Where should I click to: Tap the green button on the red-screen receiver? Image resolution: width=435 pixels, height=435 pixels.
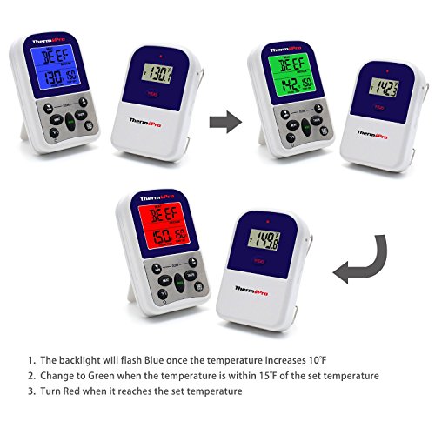click(x=178, y=280)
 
